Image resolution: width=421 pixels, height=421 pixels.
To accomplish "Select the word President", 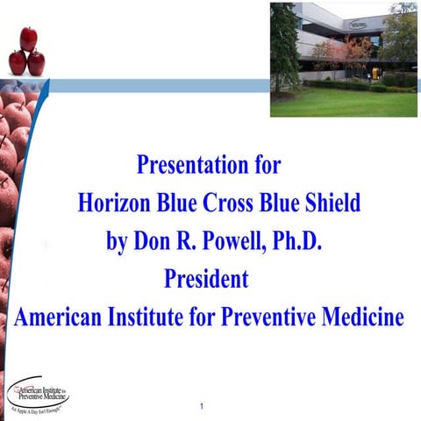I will tap(208, 280).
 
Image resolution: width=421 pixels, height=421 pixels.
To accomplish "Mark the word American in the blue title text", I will tap(61, 318).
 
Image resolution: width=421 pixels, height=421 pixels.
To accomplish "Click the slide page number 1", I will tap(201, 406).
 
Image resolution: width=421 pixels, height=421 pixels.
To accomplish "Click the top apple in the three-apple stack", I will tap(28, 38).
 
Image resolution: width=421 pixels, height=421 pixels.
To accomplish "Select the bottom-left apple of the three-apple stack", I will tap(18, 62).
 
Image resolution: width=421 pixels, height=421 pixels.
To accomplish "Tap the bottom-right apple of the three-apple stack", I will tap(37, 62).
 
